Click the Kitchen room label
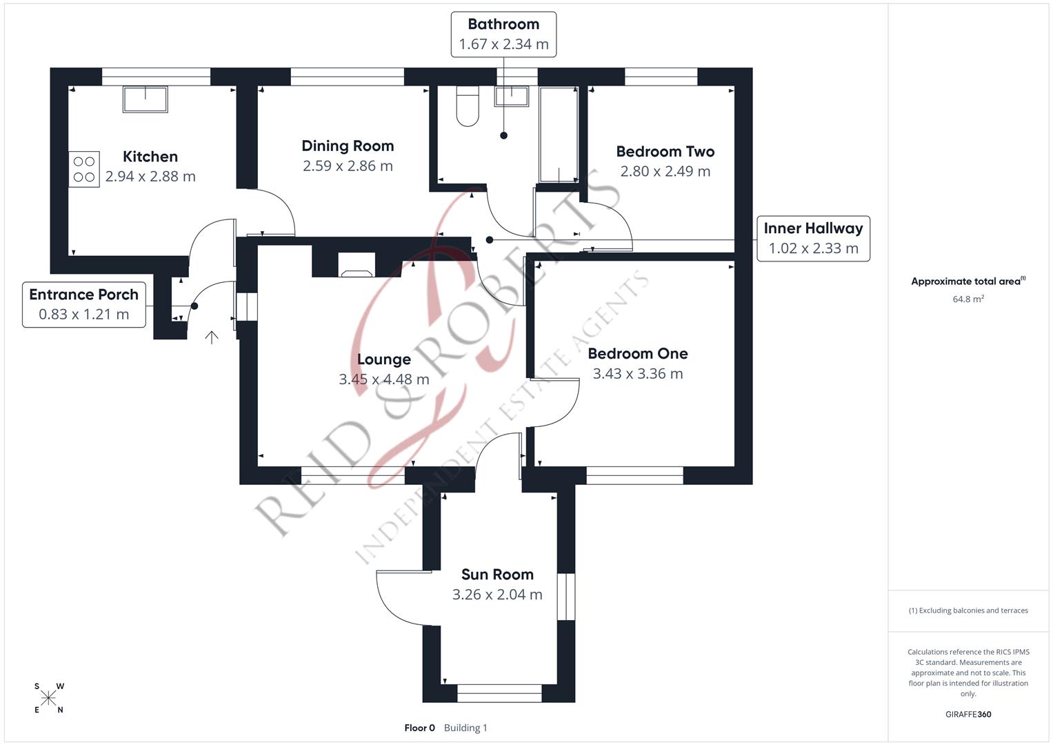click(150, 157)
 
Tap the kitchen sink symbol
click(145, 99)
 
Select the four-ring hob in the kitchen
click(84, 169)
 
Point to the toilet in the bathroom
click(468, 106)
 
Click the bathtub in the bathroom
click(559, 135)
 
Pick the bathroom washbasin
click(511, 96)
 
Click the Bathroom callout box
click(503, 34)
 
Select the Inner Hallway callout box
click(813, 238)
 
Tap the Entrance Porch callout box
click(84, 304)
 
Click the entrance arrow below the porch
click(212, 337)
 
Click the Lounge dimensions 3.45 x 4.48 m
click(384, 379)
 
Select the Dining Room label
click(348, 146)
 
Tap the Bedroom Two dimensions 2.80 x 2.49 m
click(665, 171)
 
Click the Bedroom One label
click(637, 353)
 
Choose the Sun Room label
click(497, 575)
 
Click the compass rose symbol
click(48, 698)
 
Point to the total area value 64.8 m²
click(968, 299)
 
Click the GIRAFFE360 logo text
click(968, 714)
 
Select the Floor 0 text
click(419, 728)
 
